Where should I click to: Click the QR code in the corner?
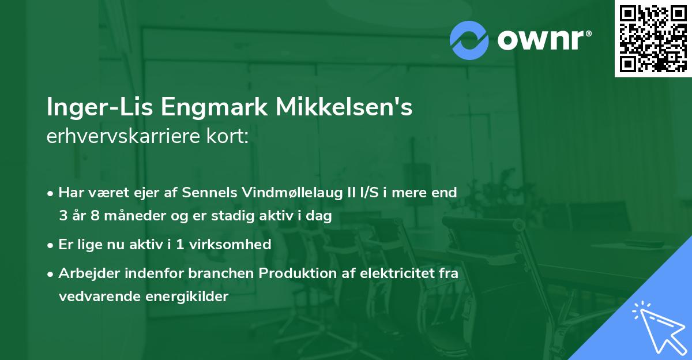653,39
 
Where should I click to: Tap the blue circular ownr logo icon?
470,39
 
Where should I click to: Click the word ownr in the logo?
544,39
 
